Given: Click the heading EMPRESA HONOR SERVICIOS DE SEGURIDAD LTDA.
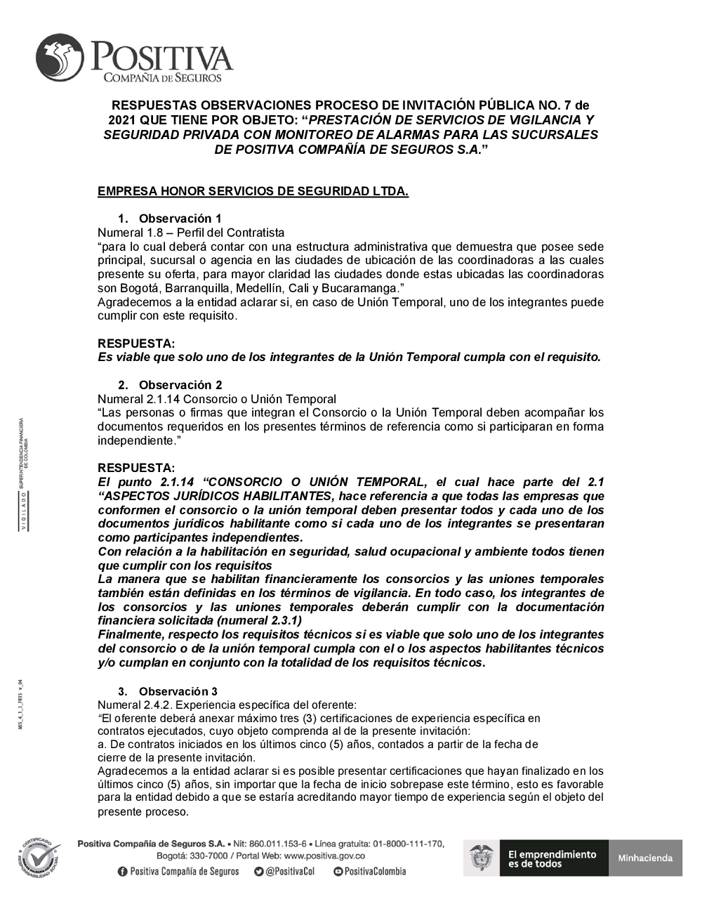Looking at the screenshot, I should [x=253, y=191].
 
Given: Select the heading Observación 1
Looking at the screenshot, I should [x=180, y=218].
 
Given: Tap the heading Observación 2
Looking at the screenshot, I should [x=180, y=385].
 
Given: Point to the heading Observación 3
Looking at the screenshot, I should [x=178, y=691].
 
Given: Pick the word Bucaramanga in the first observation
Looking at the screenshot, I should [x=361, y=288].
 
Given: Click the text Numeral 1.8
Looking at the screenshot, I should [x=130, y=233].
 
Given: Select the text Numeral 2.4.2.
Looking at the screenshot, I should [x=136, y=705].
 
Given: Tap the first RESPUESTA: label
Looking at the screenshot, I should [x=136, y=344].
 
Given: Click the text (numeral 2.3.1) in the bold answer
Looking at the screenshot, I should [x=259, y=620].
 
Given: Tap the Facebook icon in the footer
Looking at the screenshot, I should [x=123, y=871].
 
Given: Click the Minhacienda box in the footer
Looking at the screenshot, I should [x=645, y=858].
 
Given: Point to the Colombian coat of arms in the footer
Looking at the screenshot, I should [x=481, y=858].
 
